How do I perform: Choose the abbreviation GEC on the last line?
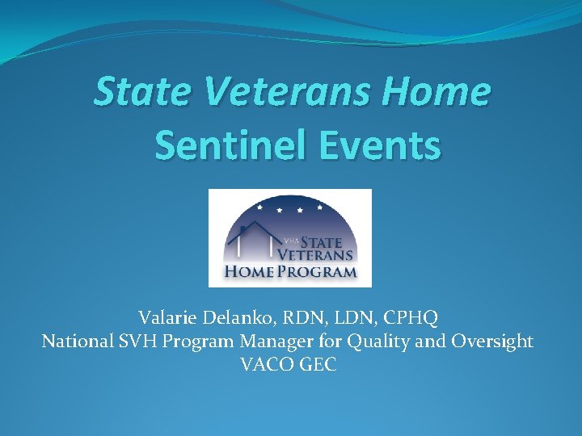pyautogui.click(x=318, y=365)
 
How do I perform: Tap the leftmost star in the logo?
pyautogui.click(x=259, y=207)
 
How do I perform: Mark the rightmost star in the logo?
pyautogui.click(x=321, y=207)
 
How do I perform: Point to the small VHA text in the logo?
pyautogui.click(x=292, y=240)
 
